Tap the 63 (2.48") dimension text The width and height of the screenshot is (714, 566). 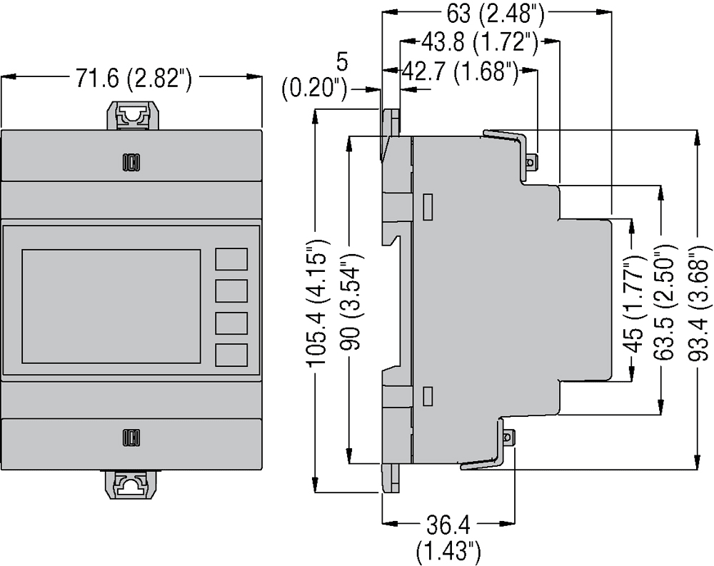(492, 12)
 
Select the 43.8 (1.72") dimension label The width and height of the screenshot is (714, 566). (479, 43)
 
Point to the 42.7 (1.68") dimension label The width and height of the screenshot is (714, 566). (460, 72)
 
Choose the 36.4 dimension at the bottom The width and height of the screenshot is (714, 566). (449, 528)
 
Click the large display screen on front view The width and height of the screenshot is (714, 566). (111, 305)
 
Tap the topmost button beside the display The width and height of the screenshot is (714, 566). (231, 259)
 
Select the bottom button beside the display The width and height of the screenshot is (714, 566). (231, 355)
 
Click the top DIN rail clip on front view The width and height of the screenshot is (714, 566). (131, 115)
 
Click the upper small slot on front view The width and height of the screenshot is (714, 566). (131, 163)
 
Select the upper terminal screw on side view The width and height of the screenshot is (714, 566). (530, 163)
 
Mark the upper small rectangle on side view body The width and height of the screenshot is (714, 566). (428, 207)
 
